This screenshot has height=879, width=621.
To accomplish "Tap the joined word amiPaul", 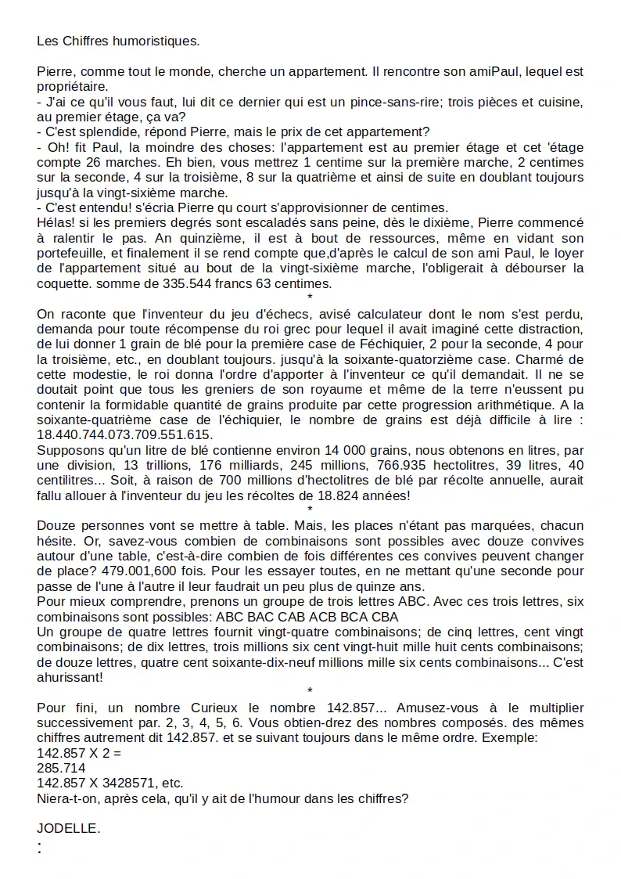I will (x=493, y=72).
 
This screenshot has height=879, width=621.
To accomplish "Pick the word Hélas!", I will (x=55, y=222).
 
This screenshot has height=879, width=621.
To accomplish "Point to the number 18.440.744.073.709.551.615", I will (x=125, y=435).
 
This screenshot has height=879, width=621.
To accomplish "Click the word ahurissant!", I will (x=70, y=677).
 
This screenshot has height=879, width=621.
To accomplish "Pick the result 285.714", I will (x=61, y=768).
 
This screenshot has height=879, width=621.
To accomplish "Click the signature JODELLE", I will (x=68, y=828).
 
